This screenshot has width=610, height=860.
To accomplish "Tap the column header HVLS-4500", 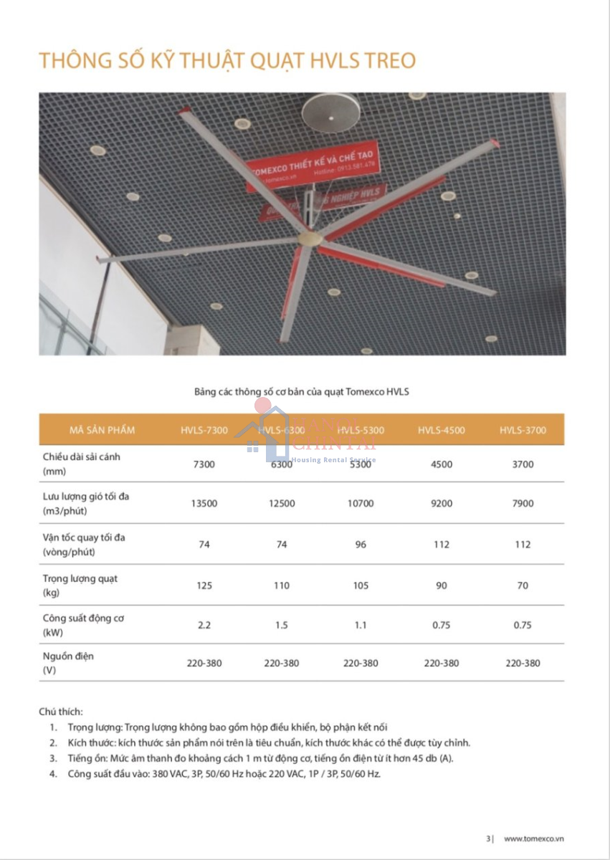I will (442, 430).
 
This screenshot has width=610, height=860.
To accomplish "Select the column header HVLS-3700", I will (523, 430).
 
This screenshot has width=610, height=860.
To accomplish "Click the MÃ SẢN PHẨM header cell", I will (102, 430).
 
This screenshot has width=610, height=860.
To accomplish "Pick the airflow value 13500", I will (204, 503).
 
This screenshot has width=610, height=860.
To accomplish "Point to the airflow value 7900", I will (523, 503).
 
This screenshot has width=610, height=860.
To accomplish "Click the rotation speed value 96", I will (361, 545).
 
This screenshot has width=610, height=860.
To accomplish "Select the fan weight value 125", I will (204, 586).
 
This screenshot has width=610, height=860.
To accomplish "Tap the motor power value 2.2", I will (204, 625).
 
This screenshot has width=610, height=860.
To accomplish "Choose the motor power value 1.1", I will (361, 625).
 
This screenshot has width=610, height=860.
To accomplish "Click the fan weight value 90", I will (442, 586).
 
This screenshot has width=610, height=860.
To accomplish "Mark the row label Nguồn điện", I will (68, 656).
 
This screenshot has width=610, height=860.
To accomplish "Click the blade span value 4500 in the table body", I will (442, 464).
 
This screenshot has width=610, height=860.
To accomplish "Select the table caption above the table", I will (302, 392).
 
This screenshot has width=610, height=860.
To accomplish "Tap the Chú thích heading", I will (61, 712).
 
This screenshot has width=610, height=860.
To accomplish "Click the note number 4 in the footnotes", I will (53, 774).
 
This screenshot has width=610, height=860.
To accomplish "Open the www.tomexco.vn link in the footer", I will (533, 838).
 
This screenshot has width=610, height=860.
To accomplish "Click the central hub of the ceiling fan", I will (310, 239).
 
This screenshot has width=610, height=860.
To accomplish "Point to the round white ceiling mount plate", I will (329, 113).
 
